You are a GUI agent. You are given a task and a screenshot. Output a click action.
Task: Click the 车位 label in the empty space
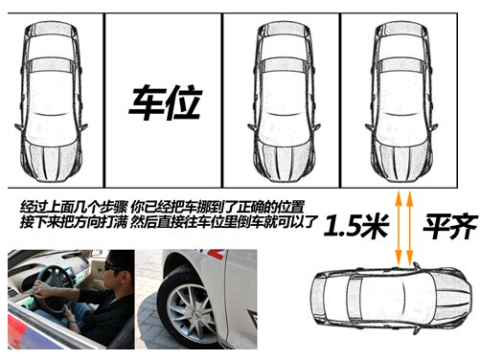click(166, 102)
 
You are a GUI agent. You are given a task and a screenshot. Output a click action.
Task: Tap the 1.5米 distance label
click(356, 225)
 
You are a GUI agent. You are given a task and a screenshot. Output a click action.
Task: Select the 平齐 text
click(450, 226)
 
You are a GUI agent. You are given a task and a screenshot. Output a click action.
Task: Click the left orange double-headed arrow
click(399, 229)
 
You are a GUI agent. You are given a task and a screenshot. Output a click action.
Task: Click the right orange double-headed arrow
click(410, 229)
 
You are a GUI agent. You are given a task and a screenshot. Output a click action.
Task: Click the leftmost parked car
click(51, 101)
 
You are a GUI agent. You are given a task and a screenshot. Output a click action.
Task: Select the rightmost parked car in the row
click(401, 101)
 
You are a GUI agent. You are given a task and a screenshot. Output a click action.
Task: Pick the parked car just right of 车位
click(284, 101)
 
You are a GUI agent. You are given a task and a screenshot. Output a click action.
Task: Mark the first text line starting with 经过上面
click(162, 207)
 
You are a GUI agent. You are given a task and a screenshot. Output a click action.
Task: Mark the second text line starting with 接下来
click(170, 222)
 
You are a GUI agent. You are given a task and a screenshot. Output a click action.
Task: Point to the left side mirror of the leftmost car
click(18, 127)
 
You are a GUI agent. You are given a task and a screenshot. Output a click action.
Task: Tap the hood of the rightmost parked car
click(401, 160)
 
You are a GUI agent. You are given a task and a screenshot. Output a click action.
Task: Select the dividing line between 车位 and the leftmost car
click(104, 101)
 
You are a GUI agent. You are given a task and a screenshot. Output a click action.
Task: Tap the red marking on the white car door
click(216, 254)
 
